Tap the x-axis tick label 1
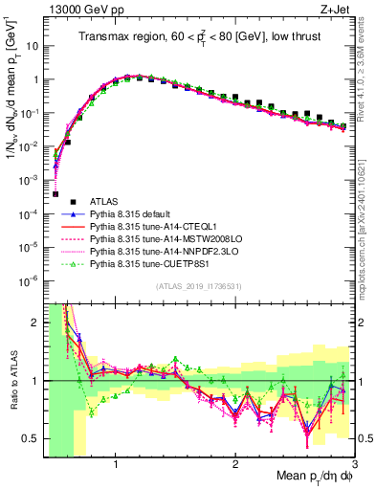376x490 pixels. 116,464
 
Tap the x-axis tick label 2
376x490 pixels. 234,464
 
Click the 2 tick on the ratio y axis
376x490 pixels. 34,323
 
